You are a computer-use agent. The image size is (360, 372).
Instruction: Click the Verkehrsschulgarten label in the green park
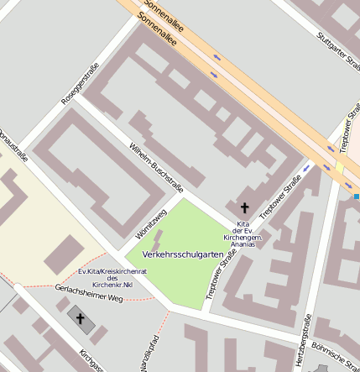click(x=182, y=253)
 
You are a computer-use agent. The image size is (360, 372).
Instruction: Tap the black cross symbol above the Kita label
click(x=245, y=207)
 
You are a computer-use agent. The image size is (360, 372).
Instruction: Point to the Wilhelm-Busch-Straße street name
click(x=156, y=165)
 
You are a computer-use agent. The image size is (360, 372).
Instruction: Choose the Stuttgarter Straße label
click(x=336, y=50)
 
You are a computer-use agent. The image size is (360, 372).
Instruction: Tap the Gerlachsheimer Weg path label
click(x=89, y=293)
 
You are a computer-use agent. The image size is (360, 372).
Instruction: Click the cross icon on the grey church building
click(x=81, y=318)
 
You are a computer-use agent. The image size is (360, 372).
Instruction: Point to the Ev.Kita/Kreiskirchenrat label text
click(x=112, y=271)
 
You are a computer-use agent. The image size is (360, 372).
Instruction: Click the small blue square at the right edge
click(x=357, y=196)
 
